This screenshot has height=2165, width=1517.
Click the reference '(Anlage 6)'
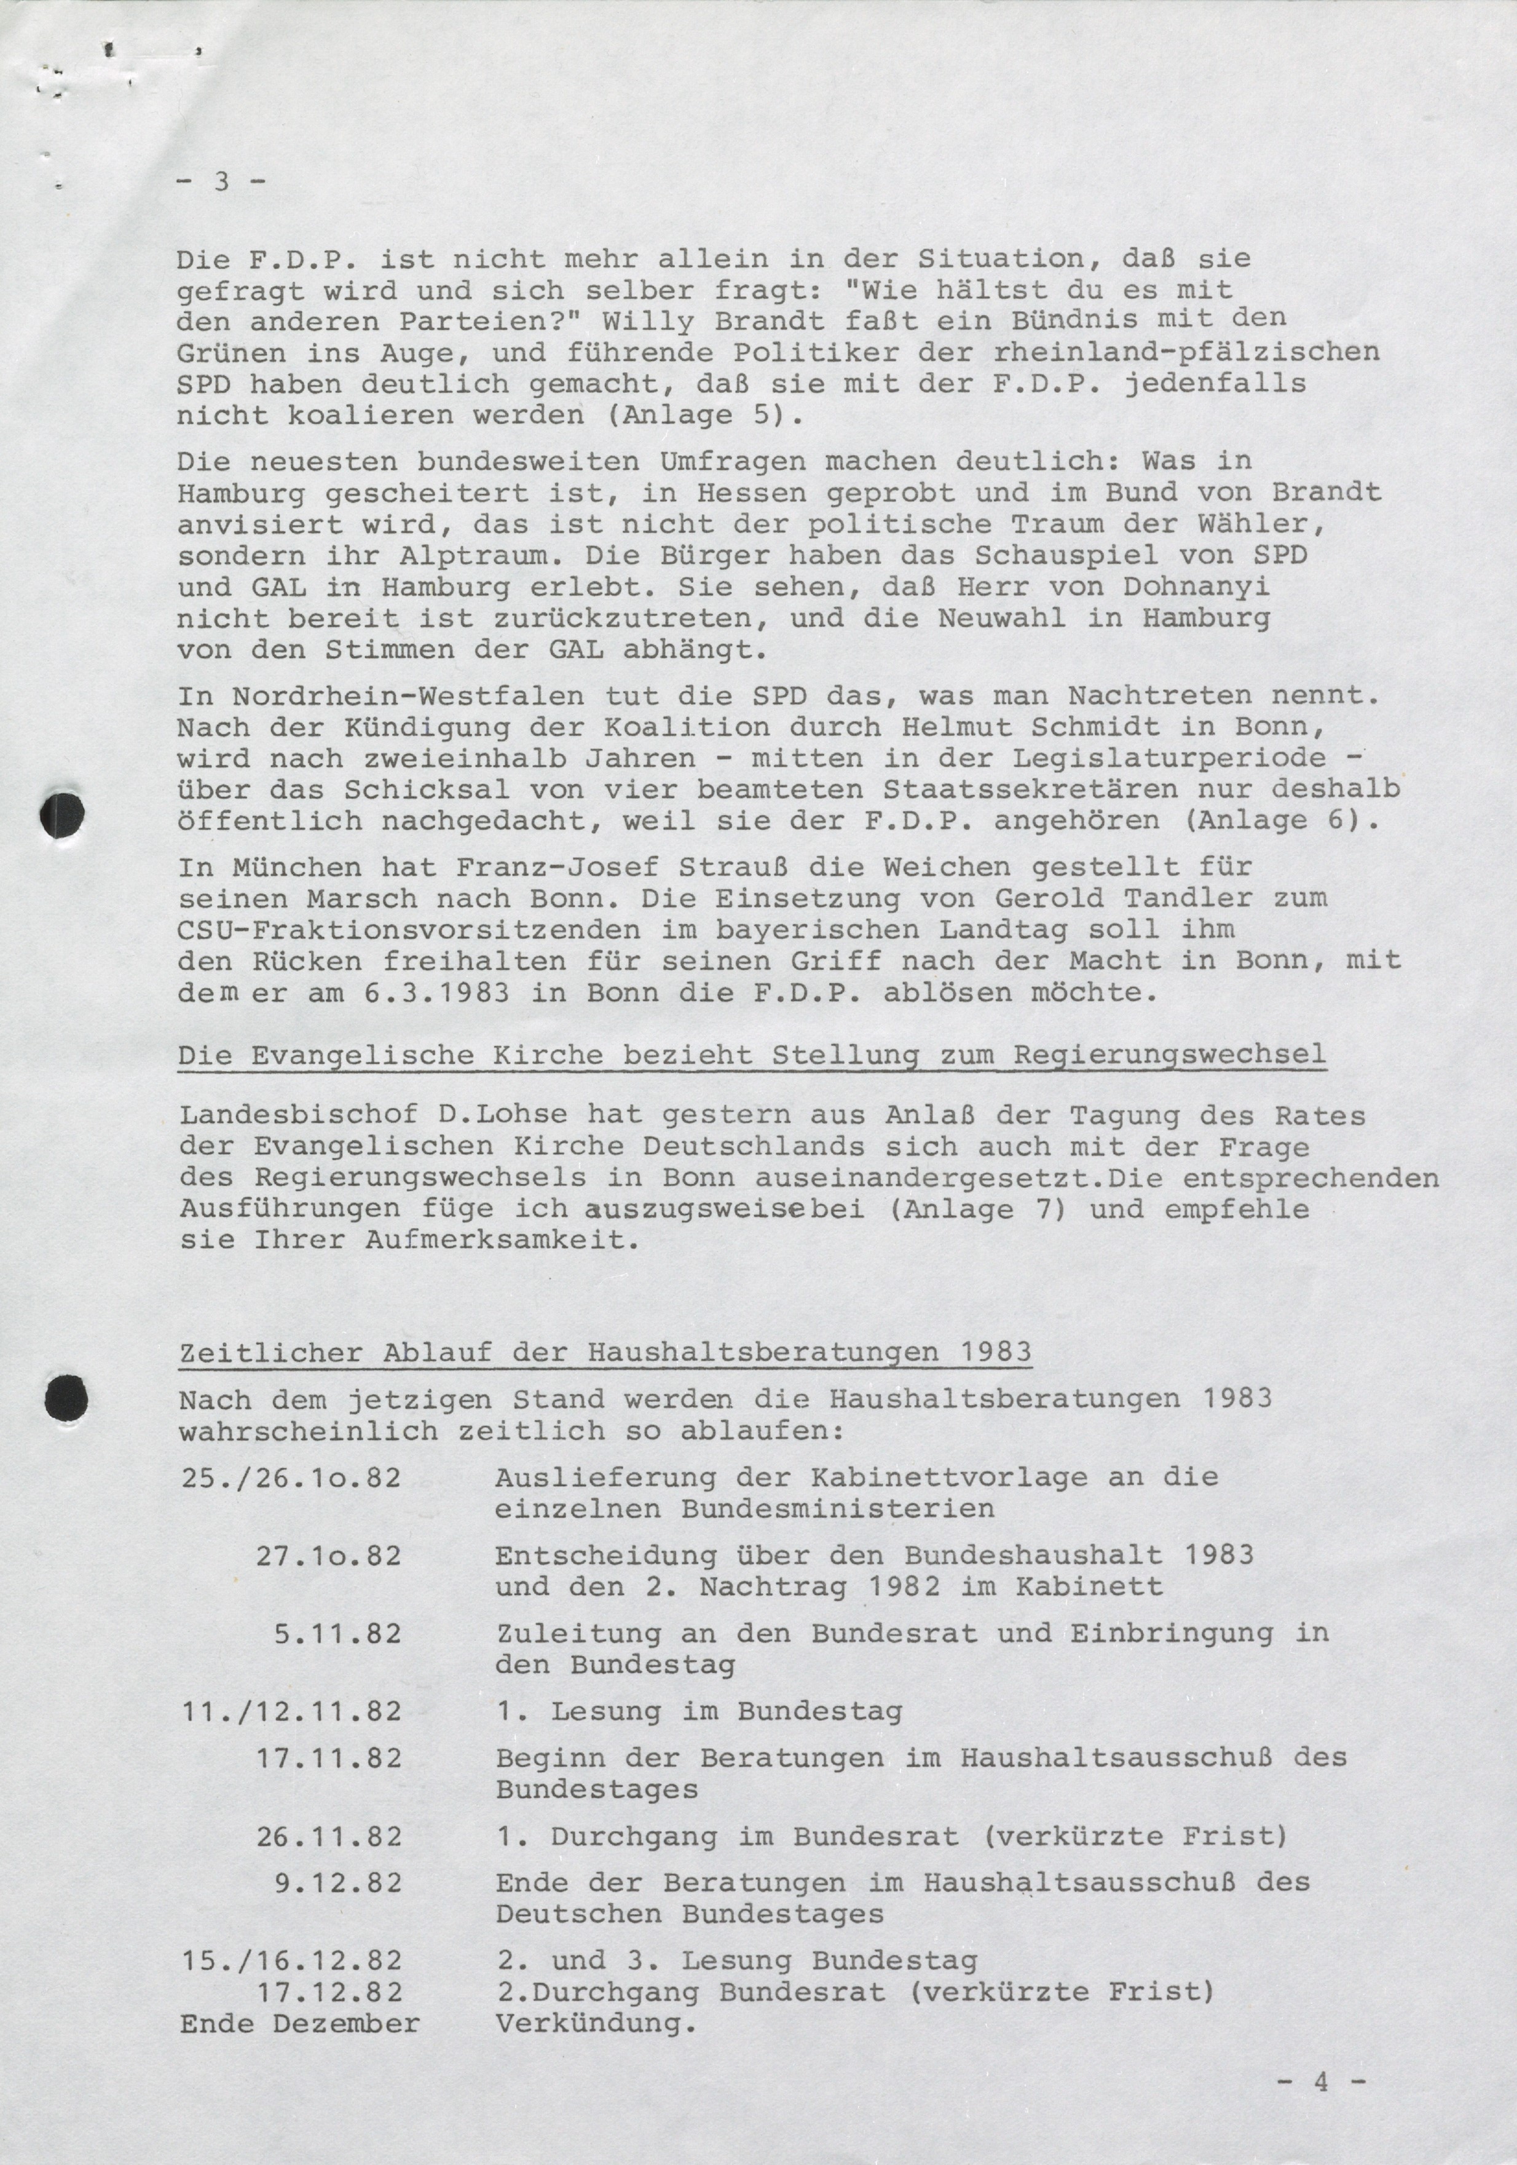[1279, 820]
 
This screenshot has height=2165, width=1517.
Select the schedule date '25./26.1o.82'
[290, 1477]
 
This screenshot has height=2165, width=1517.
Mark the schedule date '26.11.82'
[329, 1837]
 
